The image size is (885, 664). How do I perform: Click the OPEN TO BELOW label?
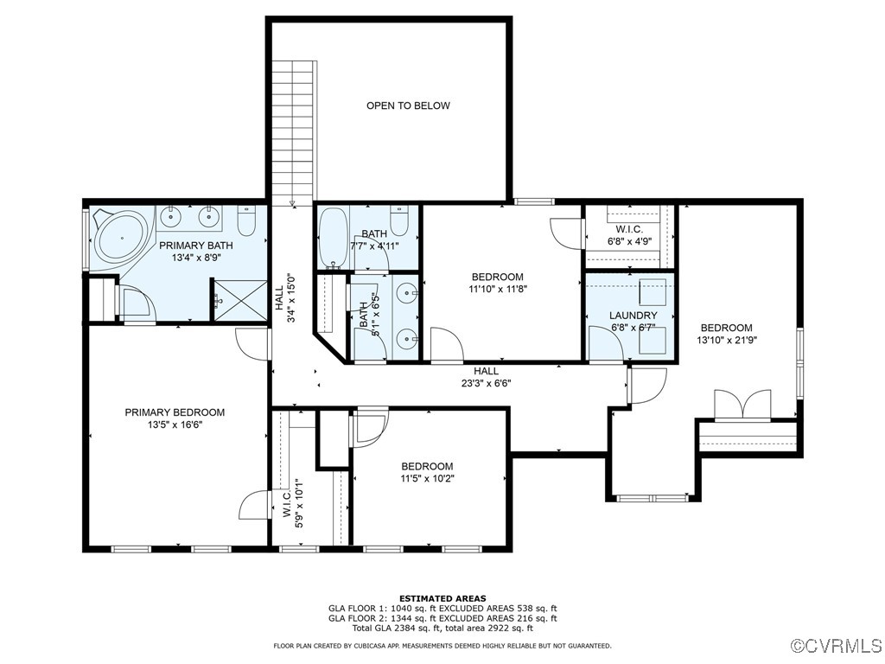(x=408, y=105)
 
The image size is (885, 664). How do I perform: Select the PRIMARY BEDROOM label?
(x=175, y=412)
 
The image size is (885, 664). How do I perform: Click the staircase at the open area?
(x=293, y=130)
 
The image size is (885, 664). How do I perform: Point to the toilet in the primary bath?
(x=246, y=222)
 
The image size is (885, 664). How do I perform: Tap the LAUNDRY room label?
(x=633, y=316)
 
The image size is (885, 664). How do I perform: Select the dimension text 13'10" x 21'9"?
(x=726, y=341)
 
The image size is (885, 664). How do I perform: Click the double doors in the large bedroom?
(x=742, y=405)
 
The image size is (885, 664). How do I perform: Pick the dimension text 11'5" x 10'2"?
(x=427, y=479)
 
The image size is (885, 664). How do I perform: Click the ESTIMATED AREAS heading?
(x=442, y=598)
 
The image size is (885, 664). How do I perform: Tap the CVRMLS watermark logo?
(x=836, y=646)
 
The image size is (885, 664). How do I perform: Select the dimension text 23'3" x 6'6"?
(x=486, y=383)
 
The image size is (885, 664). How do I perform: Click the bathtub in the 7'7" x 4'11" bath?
(x=333, y=238)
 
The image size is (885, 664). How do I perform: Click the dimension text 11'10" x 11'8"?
(x=498, y=289)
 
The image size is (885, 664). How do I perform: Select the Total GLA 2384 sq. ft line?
(x=442, y=629)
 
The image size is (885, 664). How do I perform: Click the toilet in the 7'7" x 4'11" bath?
(x=399, y=221)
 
